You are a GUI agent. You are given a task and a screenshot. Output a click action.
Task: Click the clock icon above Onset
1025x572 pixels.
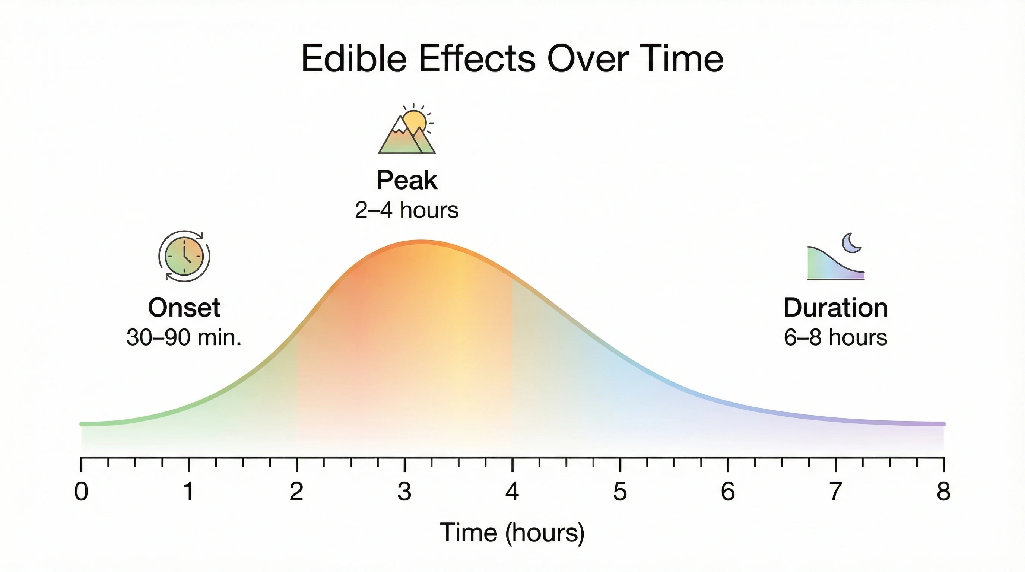[184, 257]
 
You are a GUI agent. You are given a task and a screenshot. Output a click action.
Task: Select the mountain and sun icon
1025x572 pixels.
[407, 129]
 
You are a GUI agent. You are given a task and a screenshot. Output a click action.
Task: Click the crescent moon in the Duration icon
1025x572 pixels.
[852, 243]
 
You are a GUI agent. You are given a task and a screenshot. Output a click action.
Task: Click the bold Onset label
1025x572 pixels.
[184, 308]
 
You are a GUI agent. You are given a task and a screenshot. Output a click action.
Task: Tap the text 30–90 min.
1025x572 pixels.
[184, 337]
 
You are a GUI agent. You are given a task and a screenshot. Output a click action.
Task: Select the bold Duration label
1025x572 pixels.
[835, 308]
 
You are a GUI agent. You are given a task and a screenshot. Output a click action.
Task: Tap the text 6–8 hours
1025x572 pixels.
[835, 337]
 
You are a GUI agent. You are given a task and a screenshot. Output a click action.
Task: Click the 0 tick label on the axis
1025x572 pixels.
[81, 492]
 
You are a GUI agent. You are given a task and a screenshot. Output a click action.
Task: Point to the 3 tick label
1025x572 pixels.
[404, 492]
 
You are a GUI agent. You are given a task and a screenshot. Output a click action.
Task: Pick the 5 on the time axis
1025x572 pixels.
[620, 492]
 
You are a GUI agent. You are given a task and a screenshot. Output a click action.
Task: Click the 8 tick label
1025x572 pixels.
[943, 492]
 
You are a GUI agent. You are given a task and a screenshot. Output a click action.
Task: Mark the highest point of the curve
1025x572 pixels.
[422, 241]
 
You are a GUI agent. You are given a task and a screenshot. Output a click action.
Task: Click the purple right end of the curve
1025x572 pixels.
[942, 424]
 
